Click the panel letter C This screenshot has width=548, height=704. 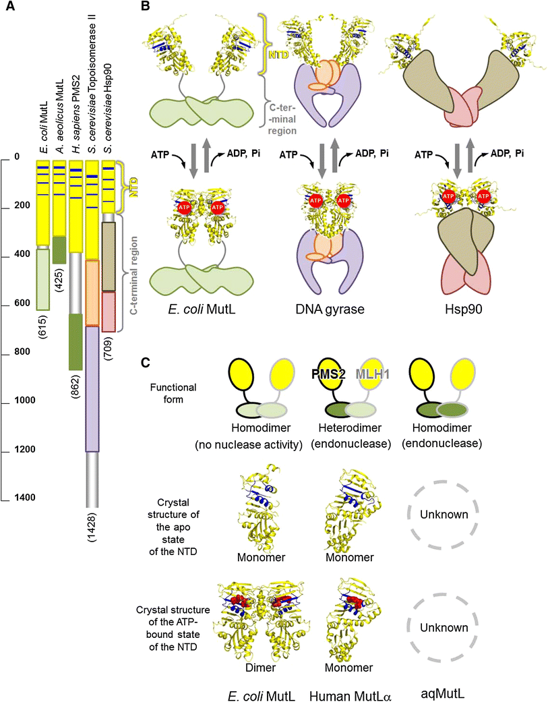point(144,361)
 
